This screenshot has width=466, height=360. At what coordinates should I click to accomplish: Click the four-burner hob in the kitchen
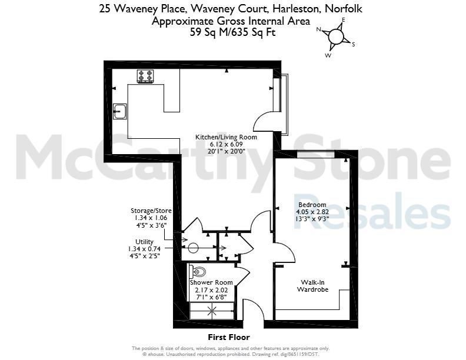[145, 76]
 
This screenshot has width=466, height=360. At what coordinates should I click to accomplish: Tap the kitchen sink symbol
[120, 111]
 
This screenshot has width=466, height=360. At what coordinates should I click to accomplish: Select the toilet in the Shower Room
[197, 271]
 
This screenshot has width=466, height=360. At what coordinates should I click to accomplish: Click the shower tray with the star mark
[212, 311]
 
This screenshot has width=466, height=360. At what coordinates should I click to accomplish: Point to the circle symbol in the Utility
[192, 248]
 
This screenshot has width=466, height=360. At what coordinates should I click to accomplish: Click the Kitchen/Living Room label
[226, 137]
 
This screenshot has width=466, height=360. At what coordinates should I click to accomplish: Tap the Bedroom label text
[312, 205]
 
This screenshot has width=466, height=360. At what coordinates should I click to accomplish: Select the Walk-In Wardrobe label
[312, 286]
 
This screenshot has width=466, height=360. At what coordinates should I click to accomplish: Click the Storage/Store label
[151, 211]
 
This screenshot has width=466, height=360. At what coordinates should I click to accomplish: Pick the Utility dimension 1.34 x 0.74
[144, 249]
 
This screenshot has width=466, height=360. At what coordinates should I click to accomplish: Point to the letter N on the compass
[318, 29]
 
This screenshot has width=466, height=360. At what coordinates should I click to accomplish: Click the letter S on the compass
[354, 45]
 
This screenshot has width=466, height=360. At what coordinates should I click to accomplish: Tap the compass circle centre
[336, 36]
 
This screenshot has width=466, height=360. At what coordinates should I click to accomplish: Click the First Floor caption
[229, 337]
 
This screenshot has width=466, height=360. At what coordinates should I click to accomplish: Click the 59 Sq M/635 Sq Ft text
[232, 32]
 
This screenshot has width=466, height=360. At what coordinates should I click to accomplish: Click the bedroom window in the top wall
[316, 154]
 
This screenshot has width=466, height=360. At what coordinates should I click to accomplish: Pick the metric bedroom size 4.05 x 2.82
[312, 212]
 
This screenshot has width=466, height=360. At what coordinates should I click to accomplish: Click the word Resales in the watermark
[372, 211]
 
